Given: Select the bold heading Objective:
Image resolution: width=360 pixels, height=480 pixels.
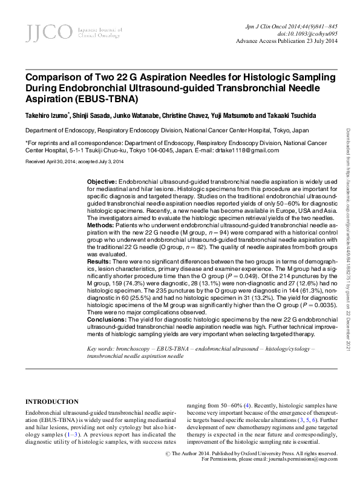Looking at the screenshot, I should [102, 182].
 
